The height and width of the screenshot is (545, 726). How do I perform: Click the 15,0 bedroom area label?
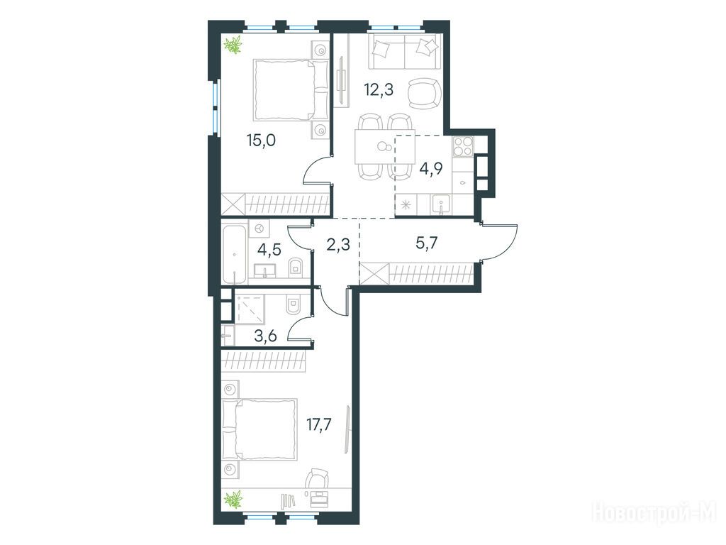click(261, 141)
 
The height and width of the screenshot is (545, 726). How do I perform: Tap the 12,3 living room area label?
click(379, 89)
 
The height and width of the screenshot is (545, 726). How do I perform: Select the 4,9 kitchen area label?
click(430, 168)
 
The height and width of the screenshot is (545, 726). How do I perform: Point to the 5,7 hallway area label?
click(426, 243)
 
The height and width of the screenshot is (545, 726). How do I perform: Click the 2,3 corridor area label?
click(338, 244)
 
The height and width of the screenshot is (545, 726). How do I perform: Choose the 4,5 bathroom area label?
click(269, 250)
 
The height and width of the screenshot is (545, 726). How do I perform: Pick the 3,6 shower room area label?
click(265, 335)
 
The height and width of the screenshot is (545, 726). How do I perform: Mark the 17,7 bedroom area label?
click(319, 424)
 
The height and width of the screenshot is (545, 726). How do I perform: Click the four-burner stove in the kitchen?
click(462, 146)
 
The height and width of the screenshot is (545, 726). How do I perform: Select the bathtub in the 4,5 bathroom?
click(235, 254)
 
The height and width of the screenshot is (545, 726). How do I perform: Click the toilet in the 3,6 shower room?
click(294, 307)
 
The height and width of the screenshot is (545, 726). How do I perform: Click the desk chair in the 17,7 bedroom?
click(318, 478)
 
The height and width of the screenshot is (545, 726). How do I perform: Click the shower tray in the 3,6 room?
click(250, 308)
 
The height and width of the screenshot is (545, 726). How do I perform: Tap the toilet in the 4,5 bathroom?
click(294, 268)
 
